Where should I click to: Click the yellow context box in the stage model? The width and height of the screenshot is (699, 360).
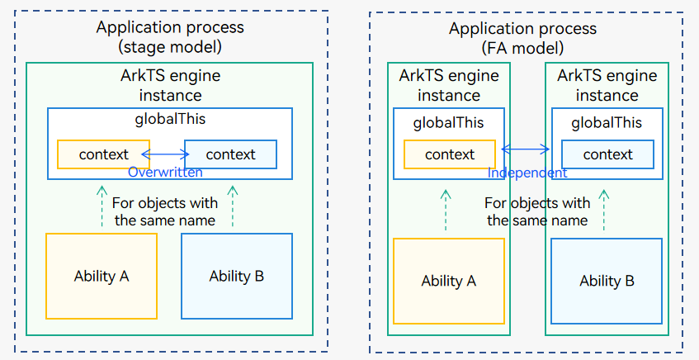pyautogui.click(x=103, y=154)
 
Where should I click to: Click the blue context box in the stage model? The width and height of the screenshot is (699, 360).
pyautogui.click(x=230, y=154)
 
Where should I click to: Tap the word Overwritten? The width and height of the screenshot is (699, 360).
pyautogui.click(x=165, y=173)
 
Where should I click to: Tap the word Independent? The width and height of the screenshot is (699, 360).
pyautogui.click(x=527, y=173)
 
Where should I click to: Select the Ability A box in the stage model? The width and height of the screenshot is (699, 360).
pyautogui.click(x=102, y=276)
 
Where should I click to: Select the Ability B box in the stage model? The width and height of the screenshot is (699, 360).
pyautogui.click(x=237, y=276)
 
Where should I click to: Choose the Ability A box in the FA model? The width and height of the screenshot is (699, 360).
pyautogui.click(x=449, y=281)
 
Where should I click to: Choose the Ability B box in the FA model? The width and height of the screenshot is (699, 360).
pyautogui.click(x=607, y=281)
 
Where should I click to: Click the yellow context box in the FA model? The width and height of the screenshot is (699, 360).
pyautogui.click(x=450, y=154)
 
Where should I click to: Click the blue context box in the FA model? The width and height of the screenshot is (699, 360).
pyautogui.click(x=607, y=154)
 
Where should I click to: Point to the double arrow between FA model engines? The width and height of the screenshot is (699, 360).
pyautogui.click(x=525, y=149)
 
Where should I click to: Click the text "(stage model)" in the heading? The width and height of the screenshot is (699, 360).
pyautogui.click(x=170, y=47)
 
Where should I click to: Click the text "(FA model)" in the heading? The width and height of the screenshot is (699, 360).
pyautogui.click(x=523, y=48)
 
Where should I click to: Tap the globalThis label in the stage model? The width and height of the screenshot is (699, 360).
pyautogui.click(x=170, y=119)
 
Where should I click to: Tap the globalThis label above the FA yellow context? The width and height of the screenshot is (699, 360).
pyautogui.click(x=449, y=123)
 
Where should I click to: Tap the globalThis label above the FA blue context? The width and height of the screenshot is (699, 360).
pyautogui.click(x=607, y=123)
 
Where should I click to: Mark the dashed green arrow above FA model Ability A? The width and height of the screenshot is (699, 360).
pyautogui.click(x=446, y=210)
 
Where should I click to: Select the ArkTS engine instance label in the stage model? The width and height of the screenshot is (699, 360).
pyautogui.click(x=170, y=85)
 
